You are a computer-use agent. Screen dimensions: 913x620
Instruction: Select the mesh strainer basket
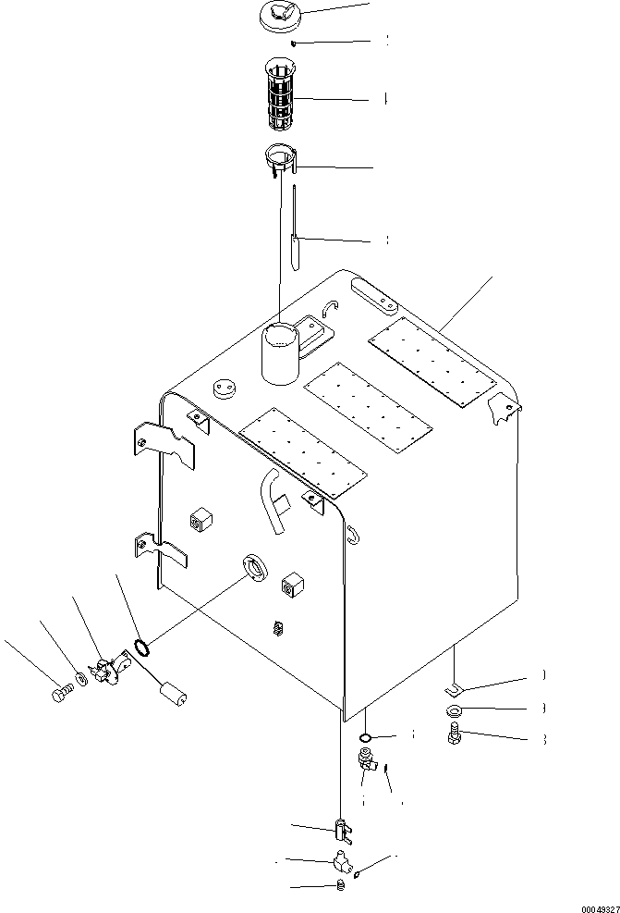(281, 96)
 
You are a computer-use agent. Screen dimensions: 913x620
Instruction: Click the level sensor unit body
(109, 669)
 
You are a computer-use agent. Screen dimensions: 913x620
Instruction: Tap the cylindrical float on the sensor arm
(172, 691)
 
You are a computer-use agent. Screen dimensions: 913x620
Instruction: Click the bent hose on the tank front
(274, 500)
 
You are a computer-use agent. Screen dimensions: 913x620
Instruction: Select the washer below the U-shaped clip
(456, 711)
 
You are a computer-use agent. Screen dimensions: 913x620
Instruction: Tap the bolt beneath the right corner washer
(455, 734)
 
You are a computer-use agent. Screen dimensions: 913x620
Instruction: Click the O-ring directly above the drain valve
(365, 737)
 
